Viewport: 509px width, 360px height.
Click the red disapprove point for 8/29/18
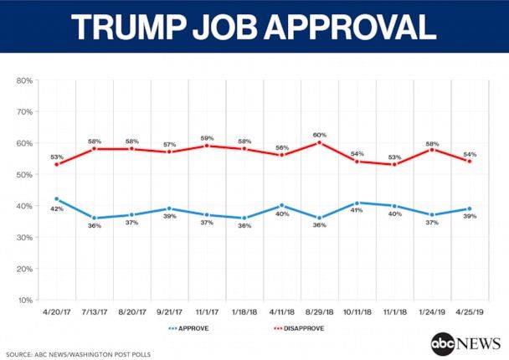coord(319,142)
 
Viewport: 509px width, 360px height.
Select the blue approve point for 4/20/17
coord(55,199)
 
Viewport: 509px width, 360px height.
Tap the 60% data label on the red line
coord(319,133)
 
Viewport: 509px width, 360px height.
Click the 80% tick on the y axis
coord(24,80)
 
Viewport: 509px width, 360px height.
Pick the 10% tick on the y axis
coord(24,300)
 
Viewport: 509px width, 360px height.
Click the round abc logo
coord(441,343)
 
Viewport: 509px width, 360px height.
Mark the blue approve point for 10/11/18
coord(357,203)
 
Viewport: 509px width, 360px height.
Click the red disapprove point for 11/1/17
coord(206,146)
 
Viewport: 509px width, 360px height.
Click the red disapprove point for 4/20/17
coord(55,164)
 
